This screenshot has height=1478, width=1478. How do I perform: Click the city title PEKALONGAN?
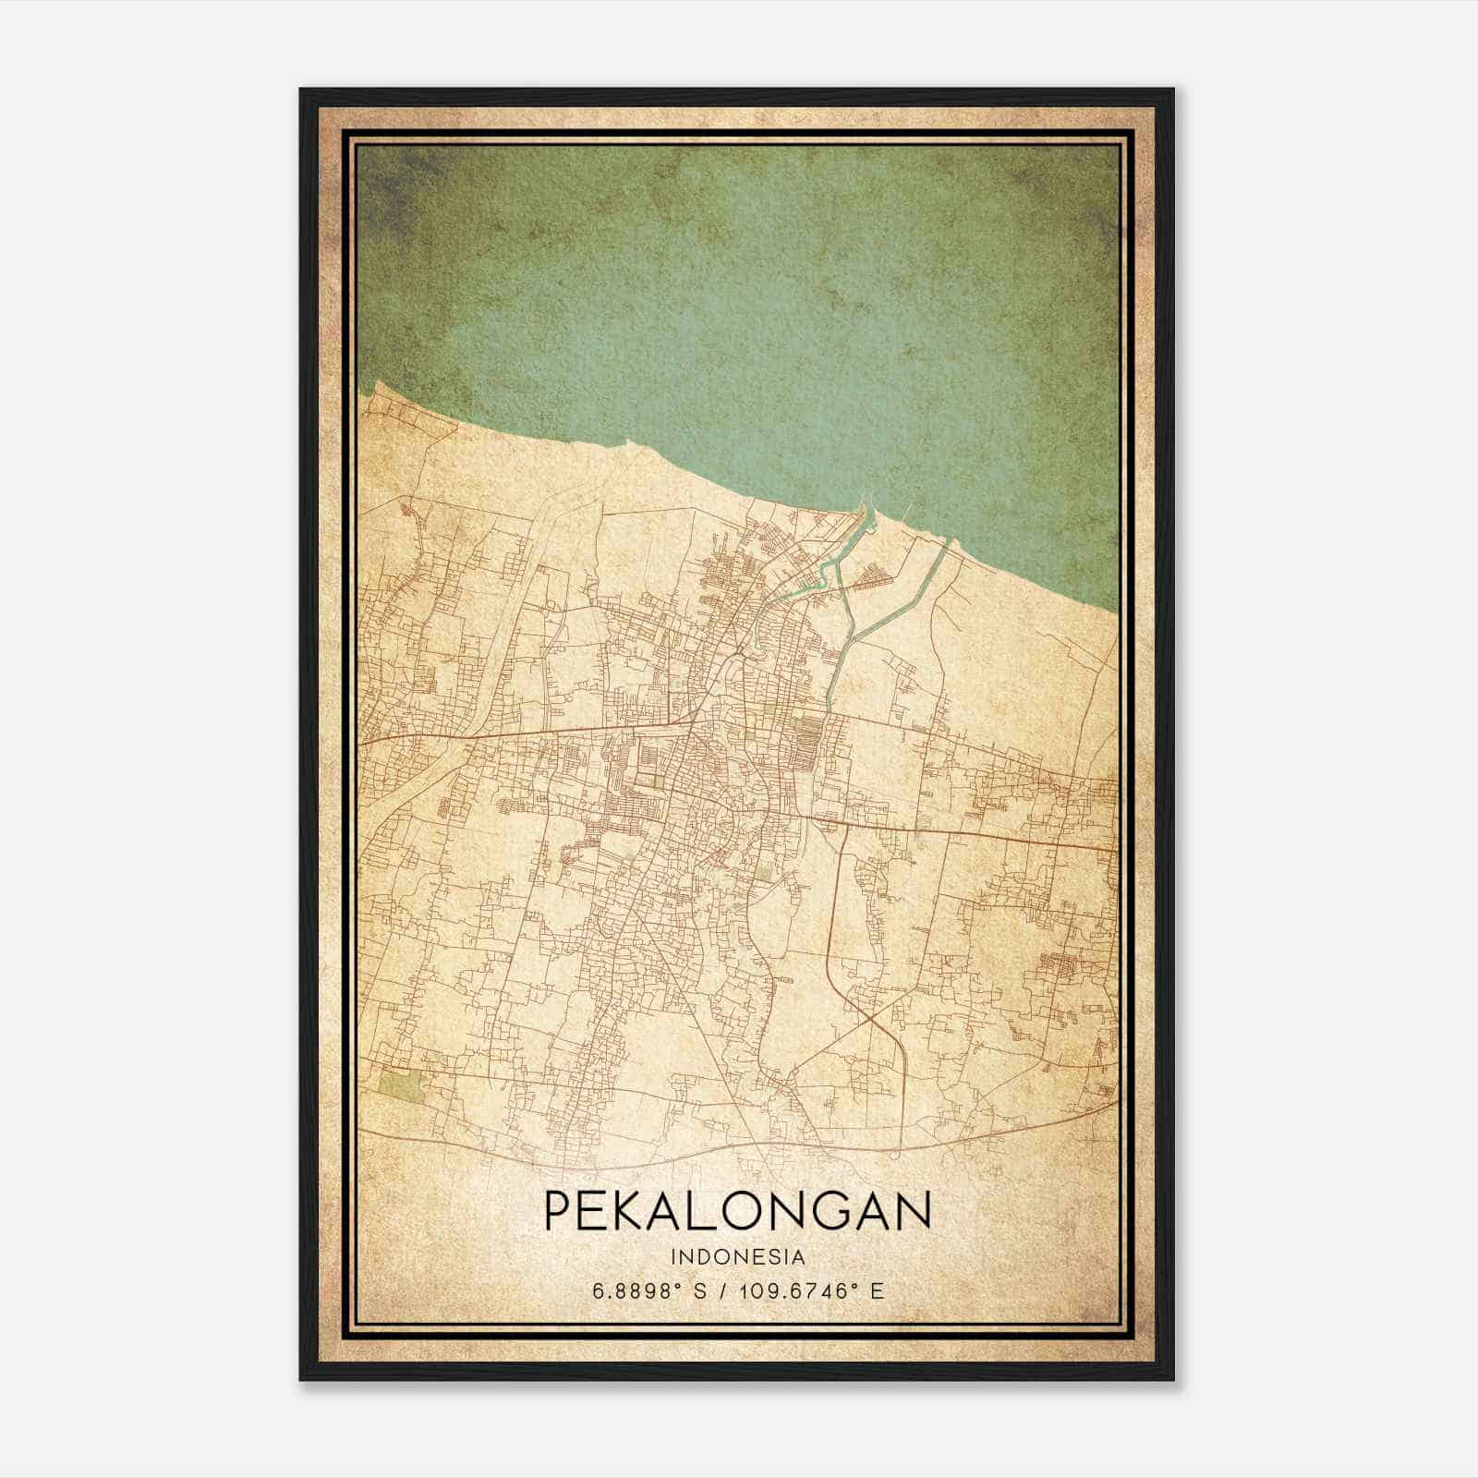click(737, 1211)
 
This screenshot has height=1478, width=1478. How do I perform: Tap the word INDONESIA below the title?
click(738, 1257)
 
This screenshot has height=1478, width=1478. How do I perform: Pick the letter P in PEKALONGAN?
click(558, 1211)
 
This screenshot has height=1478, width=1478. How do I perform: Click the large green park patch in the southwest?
click(404, 1086)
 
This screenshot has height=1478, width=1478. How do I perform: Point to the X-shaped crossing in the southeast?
click(869, 1016)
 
